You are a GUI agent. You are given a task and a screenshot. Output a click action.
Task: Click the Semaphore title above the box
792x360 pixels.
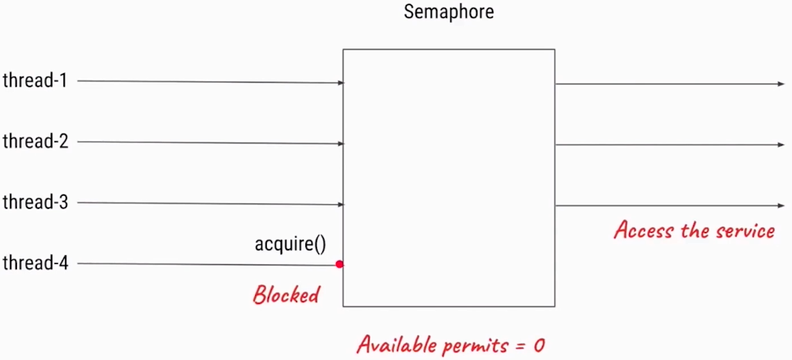(x=448, y=13)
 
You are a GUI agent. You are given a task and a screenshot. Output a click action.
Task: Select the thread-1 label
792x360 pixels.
(x=35, y=80)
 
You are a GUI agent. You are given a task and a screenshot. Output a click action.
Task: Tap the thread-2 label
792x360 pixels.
(x=35, y=141)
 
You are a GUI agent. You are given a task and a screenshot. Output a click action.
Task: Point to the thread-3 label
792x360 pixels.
(x=35, y=203)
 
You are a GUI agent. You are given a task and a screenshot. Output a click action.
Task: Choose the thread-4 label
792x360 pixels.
(x=35, y=264)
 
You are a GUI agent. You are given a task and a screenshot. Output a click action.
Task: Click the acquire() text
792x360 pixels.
(x=290, y=245)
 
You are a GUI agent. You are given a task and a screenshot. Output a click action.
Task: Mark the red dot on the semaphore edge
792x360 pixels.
(x=339, y=264)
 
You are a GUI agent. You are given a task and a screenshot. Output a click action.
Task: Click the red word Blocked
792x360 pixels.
(x=286, y=294)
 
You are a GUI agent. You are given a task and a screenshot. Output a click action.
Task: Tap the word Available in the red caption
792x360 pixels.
(x=396, y=344)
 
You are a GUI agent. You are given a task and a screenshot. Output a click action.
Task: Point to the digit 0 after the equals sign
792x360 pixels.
(x=538, y=345)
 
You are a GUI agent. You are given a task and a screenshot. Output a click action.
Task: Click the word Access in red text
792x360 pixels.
(x=642, y=229)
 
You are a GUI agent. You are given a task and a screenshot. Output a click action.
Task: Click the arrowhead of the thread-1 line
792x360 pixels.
(x=340, y=82)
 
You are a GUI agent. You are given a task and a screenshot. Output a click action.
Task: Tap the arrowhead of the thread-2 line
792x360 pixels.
(x=340, y=143)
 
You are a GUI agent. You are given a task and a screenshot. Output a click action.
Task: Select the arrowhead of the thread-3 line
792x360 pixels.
(x=340, y=205)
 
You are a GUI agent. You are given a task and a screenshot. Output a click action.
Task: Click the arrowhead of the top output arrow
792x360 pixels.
(x=780, y=84)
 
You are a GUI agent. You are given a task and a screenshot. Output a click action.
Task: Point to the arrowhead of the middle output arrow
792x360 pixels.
(x=780, y=145)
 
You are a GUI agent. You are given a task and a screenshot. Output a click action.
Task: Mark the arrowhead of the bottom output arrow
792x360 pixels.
(x=780, y=206)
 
